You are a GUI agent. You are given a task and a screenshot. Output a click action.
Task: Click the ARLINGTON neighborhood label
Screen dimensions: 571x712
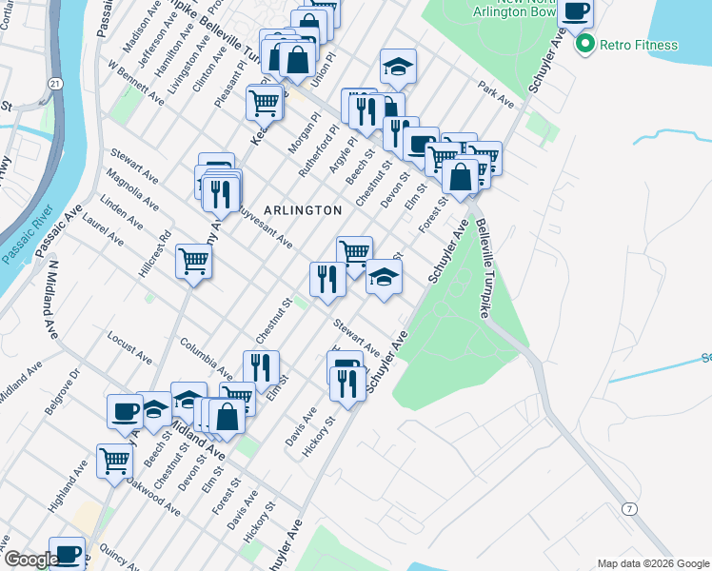pyautogui.click(x=302, y=209)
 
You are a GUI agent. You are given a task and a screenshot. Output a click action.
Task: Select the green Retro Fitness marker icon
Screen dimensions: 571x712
pyautogui.click(x=584, y=44)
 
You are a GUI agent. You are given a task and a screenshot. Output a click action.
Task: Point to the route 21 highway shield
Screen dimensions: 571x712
pyautogui.click(x=57, y=85)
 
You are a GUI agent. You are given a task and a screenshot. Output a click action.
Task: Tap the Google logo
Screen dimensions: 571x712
pyautogui.click(x=31, y=560)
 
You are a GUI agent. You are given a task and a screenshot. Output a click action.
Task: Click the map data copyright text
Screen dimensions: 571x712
pyautogui.click(x=652, y=563)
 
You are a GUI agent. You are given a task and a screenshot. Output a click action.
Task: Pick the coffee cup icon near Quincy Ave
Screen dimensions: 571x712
pyautogui.click(x=67, y=553)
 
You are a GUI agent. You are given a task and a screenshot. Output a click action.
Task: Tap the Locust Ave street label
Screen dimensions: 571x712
pyautogui.click(x=130, y=348)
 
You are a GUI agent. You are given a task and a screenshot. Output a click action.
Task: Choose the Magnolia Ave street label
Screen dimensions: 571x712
pyautogui.click(x=133, y=190)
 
